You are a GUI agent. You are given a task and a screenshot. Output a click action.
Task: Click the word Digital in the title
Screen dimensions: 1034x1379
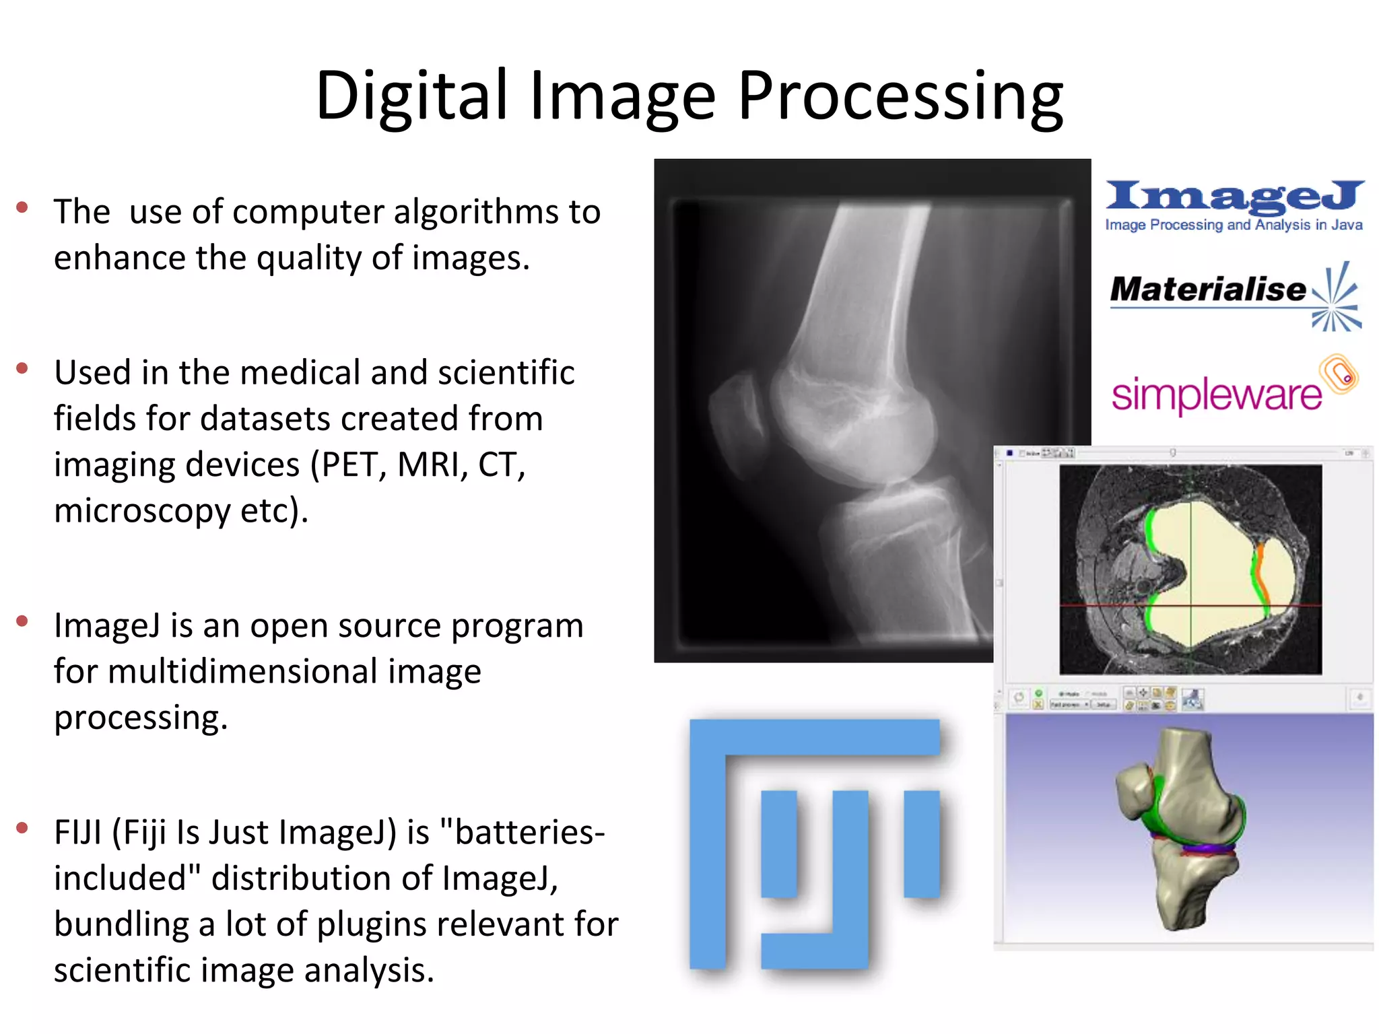click(411, 96)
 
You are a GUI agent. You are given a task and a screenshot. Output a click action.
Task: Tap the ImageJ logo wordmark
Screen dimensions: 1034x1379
click(1234, 196)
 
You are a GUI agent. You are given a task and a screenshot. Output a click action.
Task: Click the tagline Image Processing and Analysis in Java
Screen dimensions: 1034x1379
click(1234, 225)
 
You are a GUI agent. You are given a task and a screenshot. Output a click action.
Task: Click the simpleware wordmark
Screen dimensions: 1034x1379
click(1216, 394)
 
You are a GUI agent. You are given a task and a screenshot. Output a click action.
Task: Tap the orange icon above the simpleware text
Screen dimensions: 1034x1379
click(1339, 374)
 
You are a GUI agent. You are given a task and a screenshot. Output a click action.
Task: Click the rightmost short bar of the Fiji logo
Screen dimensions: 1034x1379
click(921, 843)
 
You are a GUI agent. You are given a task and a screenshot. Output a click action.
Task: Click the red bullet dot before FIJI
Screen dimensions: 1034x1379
click(22, 827)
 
